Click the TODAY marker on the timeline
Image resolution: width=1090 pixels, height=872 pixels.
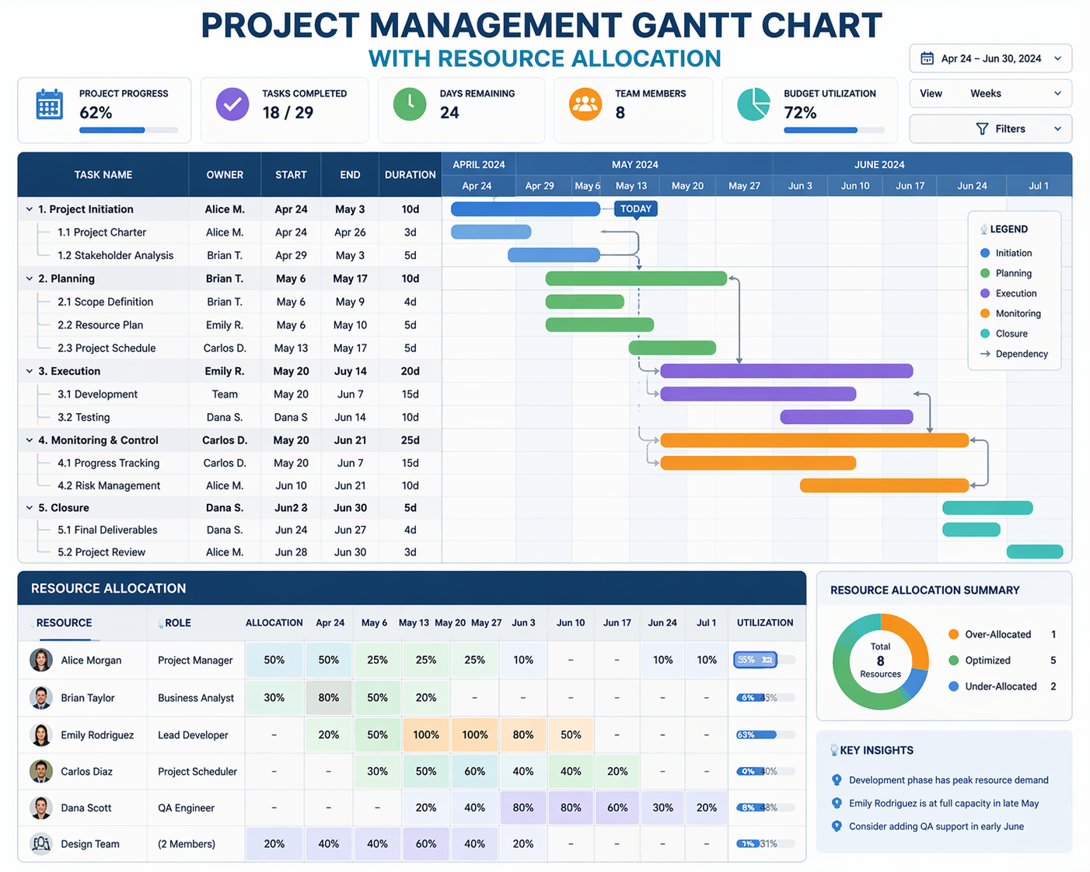(x=636, y=209)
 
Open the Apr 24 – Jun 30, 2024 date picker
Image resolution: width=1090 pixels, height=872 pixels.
(x=990, y=59)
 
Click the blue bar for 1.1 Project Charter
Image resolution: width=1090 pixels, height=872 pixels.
(x=491, y=232)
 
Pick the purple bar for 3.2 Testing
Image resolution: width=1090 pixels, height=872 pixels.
(x=846, y=417)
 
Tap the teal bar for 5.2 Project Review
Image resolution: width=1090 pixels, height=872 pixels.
(x=1034, y=552)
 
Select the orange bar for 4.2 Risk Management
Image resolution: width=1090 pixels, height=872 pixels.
(x=884, y=485)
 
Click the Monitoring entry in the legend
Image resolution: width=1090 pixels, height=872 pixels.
(x=1017, y=313)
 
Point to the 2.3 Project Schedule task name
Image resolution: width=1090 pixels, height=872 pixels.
(x=107, y=348)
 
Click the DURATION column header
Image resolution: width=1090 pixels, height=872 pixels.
(x=410, y=175)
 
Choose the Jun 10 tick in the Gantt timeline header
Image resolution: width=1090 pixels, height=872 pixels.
(x=855, y=186)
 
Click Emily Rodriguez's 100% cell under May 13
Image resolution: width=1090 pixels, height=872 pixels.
(x=426, y=735)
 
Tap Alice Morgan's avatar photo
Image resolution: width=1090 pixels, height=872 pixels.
(x=41, y=660)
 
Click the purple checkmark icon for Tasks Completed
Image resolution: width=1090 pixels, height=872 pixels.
(x=232, y=104)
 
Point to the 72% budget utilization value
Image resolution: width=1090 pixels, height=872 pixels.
(x=800, y=113)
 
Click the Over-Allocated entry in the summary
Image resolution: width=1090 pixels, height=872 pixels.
(x=997, y=635)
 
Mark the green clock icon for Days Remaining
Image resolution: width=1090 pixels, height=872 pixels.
(x=410, y=104)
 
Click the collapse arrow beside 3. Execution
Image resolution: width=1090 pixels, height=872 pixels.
(x=30, y=371)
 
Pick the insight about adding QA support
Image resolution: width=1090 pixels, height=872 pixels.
(x=935, y=826)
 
